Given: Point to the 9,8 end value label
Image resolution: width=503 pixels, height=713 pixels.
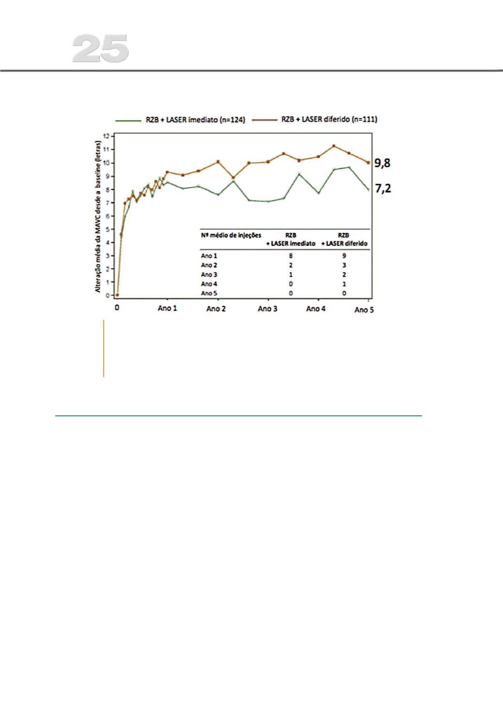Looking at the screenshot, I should (x=383, y=163).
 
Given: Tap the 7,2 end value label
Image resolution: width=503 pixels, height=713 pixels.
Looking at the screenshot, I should (x=383, y=189).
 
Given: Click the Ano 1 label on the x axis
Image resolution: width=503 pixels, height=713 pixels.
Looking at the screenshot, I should (x=167, y=308).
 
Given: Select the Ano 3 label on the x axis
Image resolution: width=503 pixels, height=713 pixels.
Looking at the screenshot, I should (x=267, y=309).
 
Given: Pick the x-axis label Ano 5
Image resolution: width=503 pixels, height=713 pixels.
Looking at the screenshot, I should (x=364, y=310).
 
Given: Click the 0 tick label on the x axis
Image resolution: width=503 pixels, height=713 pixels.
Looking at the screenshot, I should (x=117, y=308).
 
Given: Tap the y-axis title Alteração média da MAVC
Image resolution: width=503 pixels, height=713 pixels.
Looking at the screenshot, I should (x=99, y=216).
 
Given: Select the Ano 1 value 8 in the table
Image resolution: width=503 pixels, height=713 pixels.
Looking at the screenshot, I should (x=291, y=256).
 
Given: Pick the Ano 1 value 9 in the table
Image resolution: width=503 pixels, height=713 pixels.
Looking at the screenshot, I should (x=344, y=256).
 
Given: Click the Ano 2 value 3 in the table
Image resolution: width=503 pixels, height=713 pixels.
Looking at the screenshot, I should (x=344, y=265).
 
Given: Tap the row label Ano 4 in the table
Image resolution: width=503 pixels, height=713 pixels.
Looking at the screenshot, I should (x=209, y=284).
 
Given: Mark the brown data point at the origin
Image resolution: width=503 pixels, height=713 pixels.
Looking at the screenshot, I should (x=118, y=295).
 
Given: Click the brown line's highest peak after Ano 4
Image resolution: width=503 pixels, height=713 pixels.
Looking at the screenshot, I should (x=334, y=146).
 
